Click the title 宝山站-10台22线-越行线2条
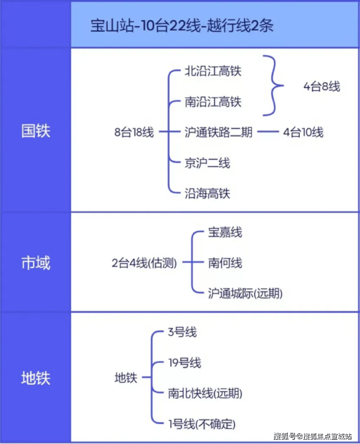pyautogui.click(x=182, y=26)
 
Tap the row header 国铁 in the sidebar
pyautogui.click(x=36, y=131)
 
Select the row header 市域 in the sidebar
pyautogui.click(x=36, y=263)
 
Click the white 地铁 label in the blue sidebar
pyautogui.click(x=36, y=378)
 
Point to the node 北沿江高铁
pyautogui.click(x=213, y=71)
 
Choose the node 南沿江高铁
pyautogui.click(x=213, y=102)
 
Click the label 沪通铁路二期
pyautogui.click(x=218, y=132)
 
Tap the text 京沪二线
pyautogui.click(x=207, y=163)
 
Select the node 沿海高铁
pyautogui.click(x=207, y=194)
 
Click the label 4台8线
pyautogui.click(x=322, y=87)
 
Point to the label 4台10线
pyautogui.click(x=303, y=132)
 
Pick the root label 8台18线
pyautogui.click(x=134, y=132)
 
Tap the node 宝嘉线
pyautogui.click(x=225, y=232)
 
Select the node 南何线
pyautogui.click(x=225, y=263)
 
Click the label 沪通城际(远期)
pyautogui.click(x=245, y=293)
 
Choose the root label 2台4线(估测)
pyautogui.click(x=144, y=263)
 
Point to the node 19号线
pyautogui.click(x=185, y=363)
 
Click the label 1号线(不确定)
pyautogui.click(x=202, y=424)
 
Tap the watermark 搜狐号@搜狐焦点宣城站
pyautogui.click(x=313, y=436)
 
